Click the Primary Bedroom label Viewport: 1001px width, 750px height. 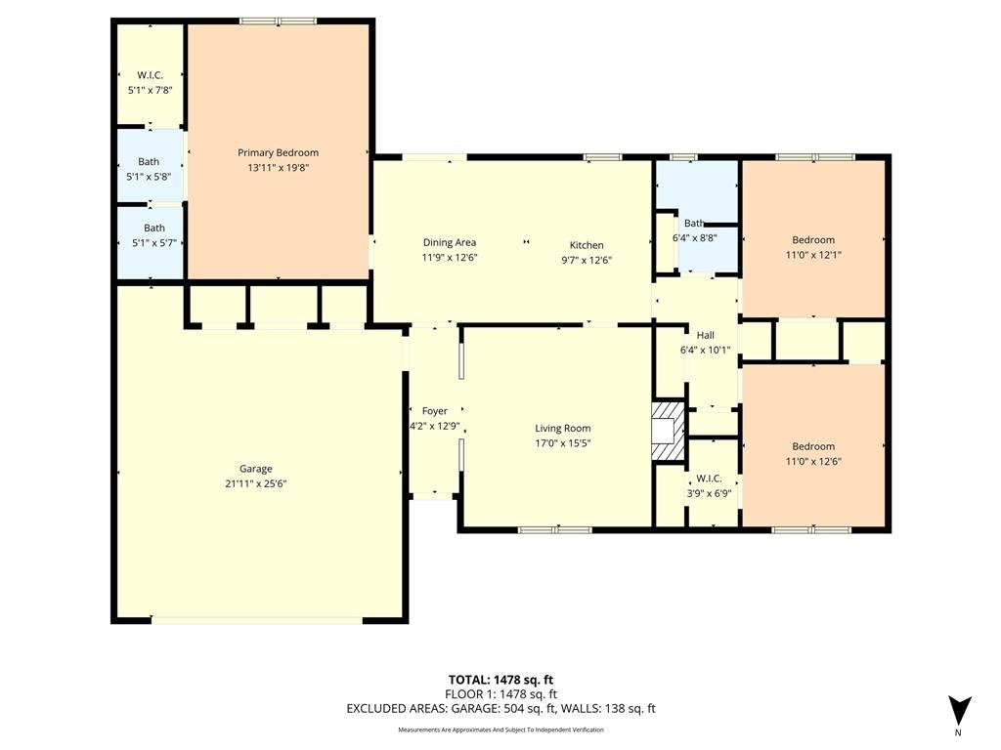pos(278,152)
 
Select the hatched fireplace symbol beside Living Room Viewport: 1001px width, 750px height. pos(670,430)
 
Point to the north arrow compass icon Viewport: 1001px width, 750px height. pos(960,711)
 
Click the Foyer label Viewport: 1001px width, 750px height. pos(434,411)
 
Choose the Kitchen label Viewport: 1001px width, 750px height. pos(587,245)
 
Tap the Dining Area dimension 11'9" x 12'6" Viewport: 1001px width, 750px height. pos(449,258)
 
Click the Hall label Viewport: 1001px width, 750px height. pos(705,335)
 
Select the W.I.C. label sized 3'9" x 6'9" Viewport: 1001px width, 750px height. pos(709,479)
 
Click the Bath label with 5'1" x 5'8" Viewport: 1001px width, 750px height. pos(149,162)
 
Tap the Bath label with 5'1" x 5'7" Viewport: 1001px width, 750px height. pos(154,228)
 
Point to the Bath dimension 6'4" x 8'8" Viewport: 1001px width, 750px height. pos(695,237)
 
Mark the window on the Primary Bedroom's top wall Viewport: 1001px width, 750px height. pos(279,21)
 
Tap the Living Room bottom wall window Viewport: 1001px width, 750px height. pos(554,529)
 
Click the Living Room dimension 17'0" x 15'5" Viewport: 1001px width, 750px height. pos(562,442)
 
